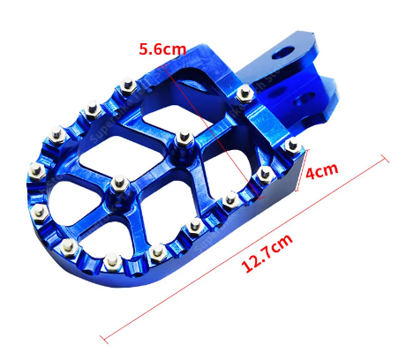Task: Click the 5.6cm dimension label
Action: click(162, 49)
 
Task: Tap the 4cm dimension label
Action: click(321, 170)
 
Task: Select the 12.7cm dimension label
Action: click(267, 252)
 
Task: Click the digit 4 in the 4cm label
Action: click(312, 174)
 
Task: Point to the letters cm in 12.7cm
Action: click(282, 243)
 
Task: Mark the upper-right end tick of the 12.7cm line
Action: click(385, 158)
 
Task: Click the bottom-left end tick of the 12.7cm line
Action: click(104, 340)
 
